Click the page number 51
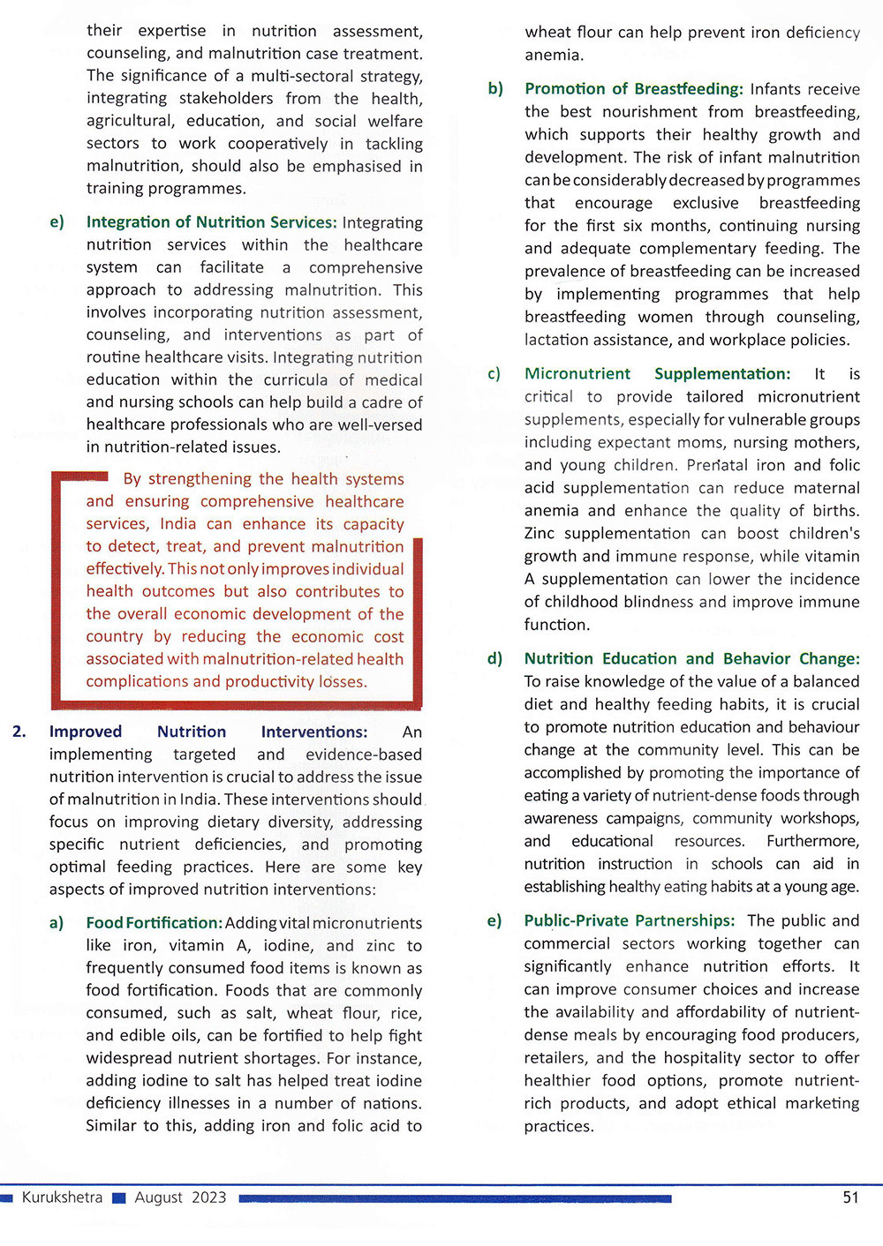point(850,1197)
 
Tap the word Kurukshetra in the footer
point(62,1197)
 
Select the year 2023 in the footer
point(208,1197)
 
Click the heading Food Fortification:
point(154,923)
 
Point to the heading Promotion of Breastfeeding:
point(633,89)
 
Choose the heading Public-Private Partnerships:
point(629,920)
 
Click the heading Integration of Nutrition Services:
point(211,222)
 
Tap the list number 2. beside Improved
point(19,732)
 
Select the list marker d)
point(494,658)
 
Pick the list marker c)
point(494,374)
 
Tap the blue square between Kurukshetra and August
point(119,1198)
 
